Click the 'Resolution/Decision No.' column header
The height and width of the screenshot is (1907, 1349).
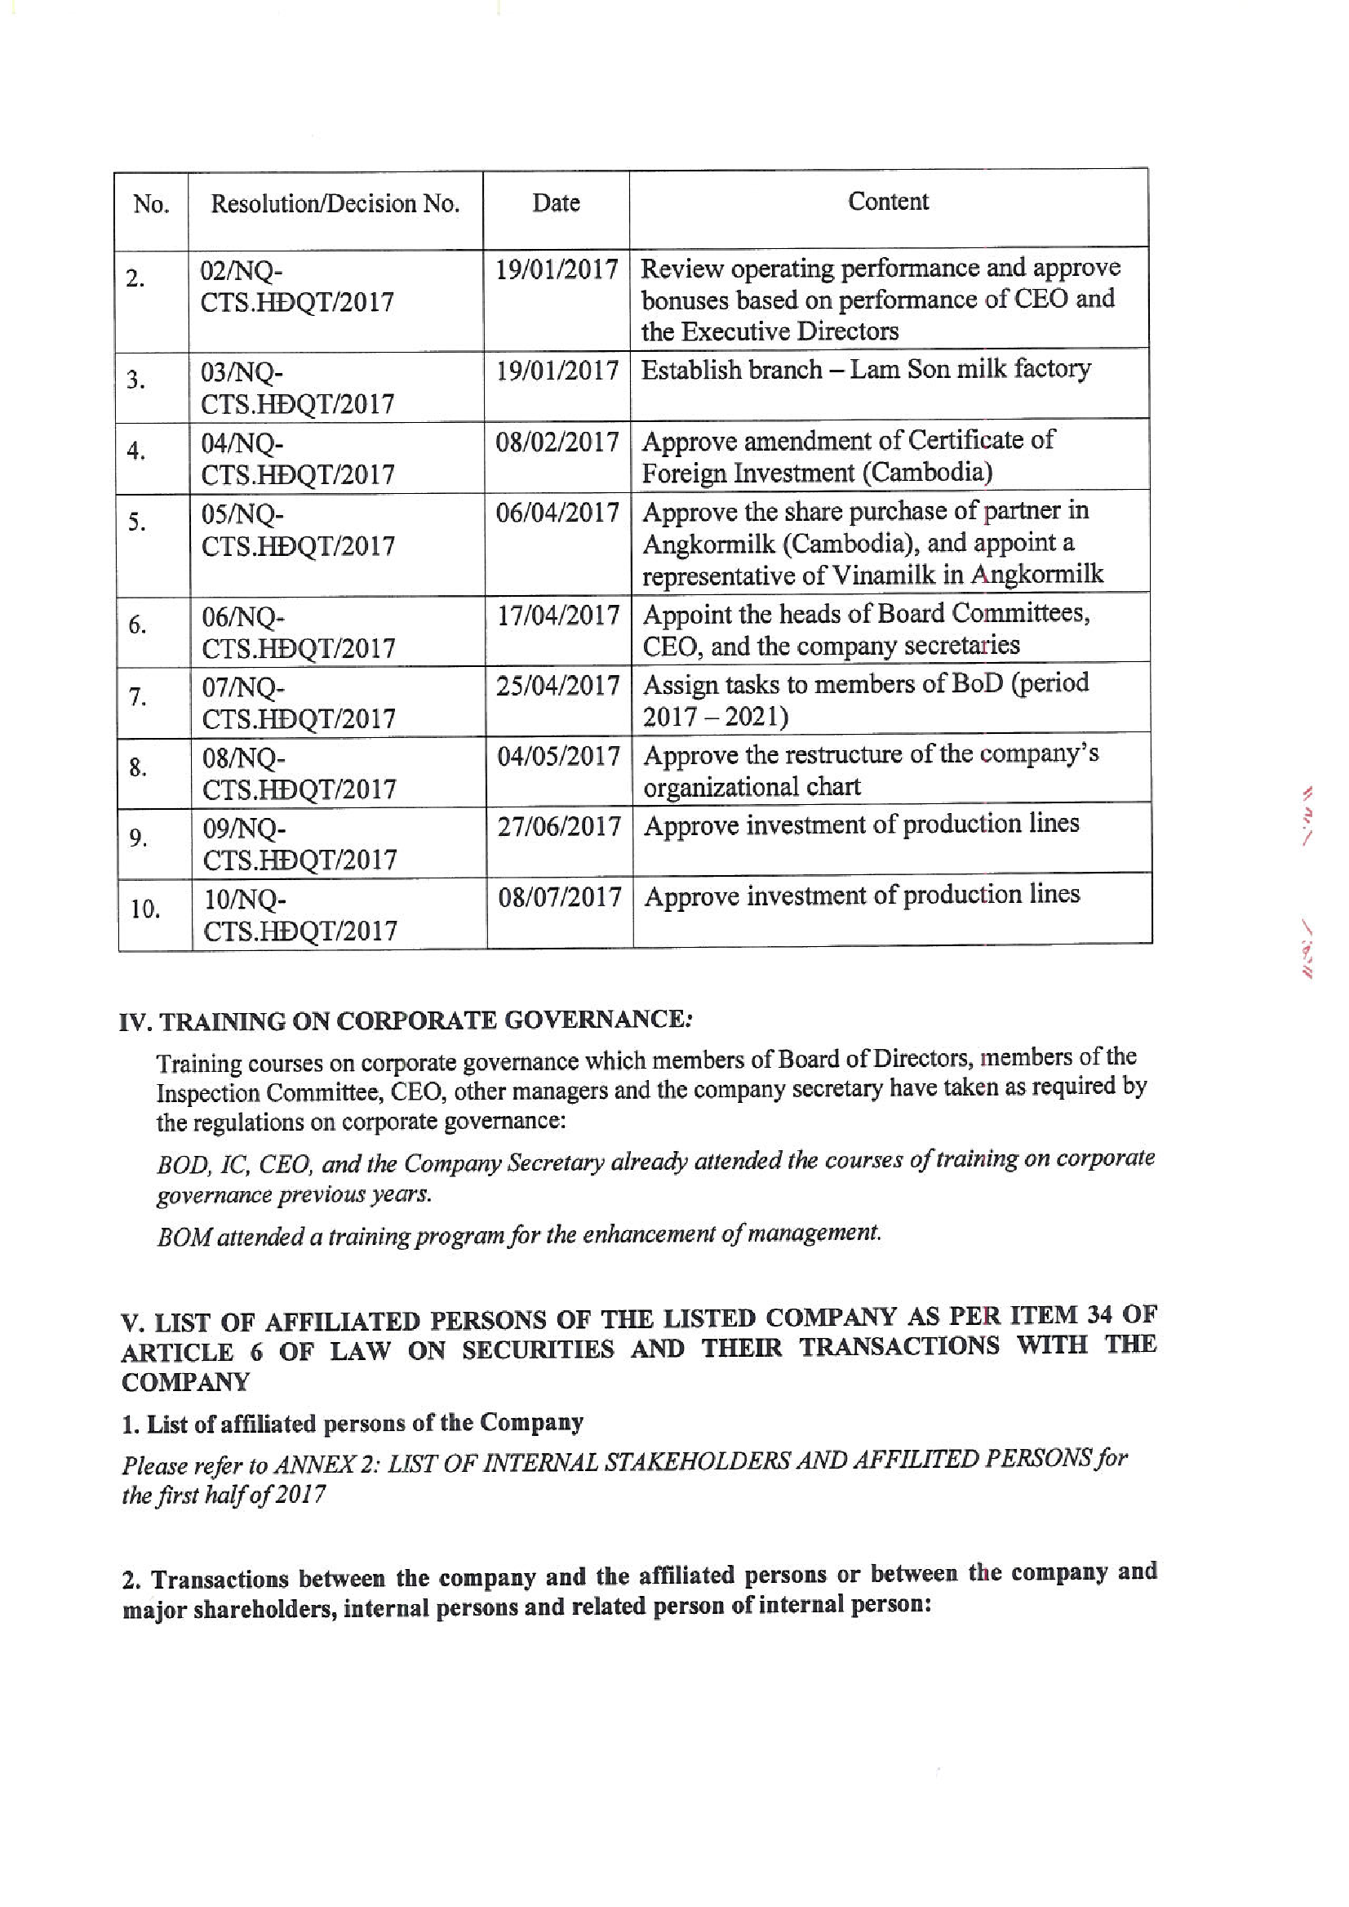pos(335,203)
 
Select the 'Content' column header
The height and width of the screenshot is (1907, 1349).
pos(888,202)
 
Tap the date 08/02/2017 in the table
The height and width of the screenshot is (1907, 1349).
pos(557,442)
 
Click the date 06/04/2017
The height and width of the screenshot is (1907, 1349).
pos(557,513)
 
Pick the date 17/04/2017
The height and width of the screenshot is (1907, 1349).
pos(558,616)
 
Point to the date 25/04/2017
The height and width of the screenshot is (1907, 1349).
pos(558,687)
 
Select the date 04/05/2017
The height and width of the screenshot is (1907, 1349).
pos(559,757)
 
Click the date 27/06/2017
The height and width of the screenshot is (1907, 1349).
pos(559,827)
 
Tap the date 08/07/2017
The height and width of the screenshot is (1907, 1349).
pos(560,897)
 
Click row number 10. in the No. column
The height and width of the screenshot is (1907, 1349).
pos(145,910)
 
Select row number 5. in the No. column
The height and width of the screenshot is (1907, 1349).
pos(137,522)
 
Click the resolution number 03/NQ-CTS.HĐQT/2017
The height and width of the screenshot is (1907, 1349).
pos(297,388)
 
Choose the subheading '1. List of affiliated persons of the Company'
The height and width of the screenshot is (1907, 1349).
pos(353,1424)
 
